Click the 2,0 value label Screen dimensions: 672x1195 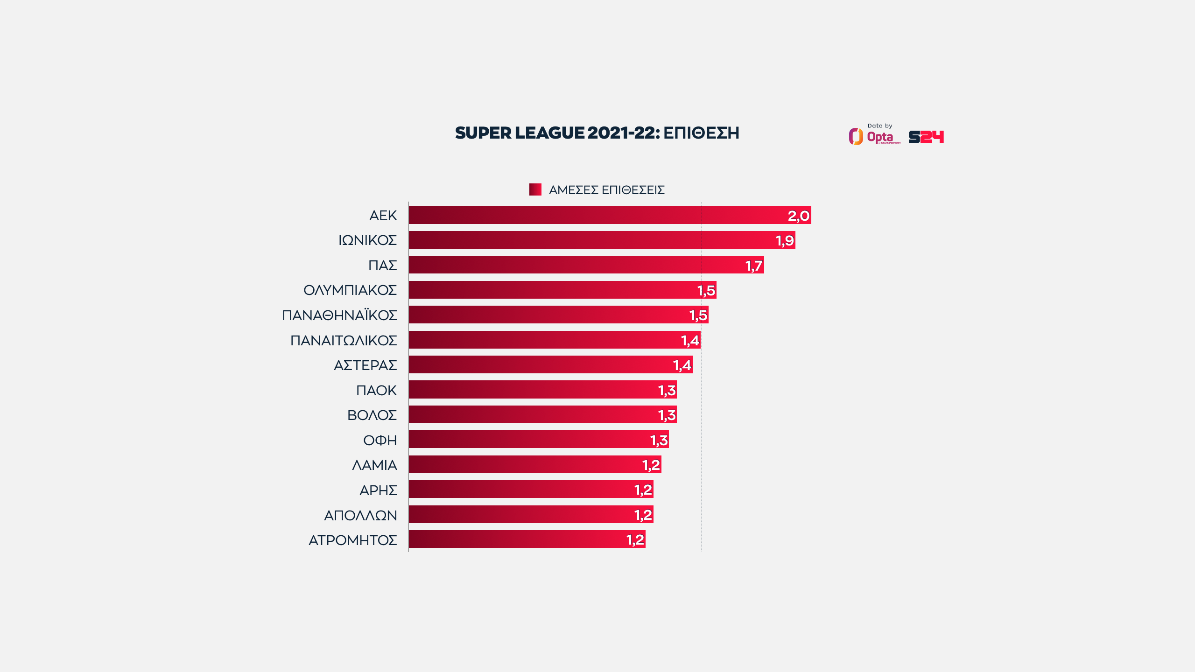pyautogui.click(x=798, y=216)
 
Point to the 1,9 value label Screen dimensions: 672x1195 pyautogui.click(x=784, y=240)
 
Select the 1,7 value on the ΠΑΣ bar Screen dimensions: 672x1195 pyautogui.click(x=753, y=266)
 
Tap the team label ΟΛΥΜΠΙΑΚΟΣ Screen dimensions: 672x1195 pyautogui.click(x=350, y=290)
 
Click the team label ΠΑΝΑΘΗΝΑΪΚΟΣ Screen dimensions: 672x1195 pyautogui.click(x=339, y=315)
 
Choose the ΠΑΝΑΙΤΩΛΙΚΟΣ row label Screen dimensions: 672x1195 pyautogui.click(x=344, y=340)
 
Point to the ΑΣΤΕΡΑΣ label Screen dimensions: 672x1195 pyautogui.click(x=365, y=365)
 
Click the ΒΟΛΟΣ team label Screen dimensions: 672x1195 pyautogui.click(x=372, y=415)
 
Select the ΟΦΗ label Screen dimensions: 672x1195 pyautogui.click(x=380, y=440)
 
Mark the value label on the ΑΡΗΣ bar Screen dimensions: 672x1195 pyautogui.click(x=643, y=490)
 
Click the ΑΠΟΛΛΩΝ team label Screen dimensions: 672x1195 pyautogui.click(x=360, y=515)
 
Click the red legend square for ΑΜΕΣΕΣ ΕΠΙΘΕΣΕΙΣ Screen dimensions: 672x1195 pyautogui.click(x=535, y=189)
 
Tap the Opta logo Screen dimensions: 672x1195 pyautogui.click(x=873, y=136)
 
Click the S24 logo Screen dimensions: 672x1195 pyautogui.click(x=926, y=137)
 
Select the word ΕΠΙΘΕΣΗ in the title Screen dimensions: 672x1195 pyautogui.click(x=701, y=133)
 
